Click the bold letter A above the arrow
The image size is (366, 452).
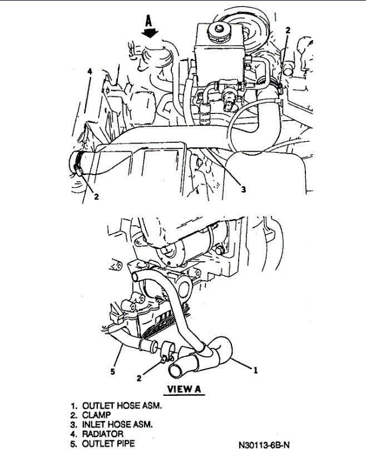point(149,22)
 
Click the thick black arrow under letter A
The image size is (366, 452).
point(150,33)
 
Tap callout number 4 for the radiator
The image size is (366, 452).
point(89,71)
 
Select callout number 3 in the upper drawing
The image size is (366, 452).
point(243,189)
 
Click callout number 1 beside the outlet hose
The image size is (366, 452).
point(255,368)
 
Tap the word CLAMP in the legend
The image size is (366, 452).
point(96,415)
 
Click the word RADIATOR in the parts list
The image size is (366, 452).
point(103,434)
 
